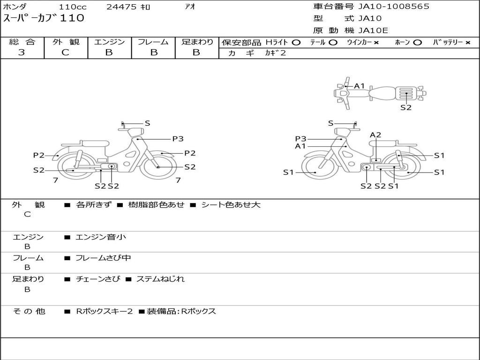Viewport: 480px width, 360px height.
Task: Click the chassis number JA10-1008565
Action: tap(394, 7)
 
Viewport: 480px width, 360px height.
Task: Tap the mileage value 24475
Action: tap(121, 7)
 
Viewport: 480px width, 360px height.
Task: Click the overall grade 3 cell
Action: tap(22, 52)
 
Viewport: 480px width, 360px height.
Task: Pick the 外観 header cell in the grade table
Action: tap(66, 42)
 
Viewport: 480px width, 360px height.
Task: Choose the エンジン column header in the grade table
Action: tap(109, 42)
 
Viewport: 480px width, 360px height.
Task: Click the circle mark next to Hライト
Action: tap(296, 42)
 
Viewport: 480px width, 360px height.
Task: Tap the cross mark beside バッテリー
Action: tap(467, 42)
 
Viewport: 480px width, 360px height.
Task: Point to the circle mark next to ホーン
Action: tap(418, 42)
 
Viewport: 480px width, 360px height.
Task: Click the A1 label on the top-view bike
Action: tap(360, 86)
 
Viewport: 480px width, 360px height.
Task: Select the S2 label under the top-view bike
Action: tap(406, 107)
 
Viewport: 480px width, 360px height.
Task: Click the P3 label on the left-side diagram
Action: tap(178, 139)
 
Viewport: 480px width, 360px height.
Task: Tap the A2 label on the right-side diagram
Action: tap(375, 135)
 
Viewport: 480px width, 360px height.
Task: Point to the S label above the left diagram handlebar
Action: tap(147, 123)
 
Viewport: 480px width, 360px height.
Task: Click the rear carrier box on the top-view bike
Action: tap(406, 93)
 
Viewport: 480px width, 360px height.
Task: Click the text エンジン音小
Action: tap(101, 237)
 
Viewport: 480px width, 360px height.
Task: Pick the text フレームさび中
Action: tap(103, 258)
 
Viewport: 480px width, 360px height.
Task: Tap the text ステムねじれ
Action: tap(160, 279)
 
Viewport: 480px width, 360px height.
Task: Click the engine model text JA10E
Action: tap(373, 31)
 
